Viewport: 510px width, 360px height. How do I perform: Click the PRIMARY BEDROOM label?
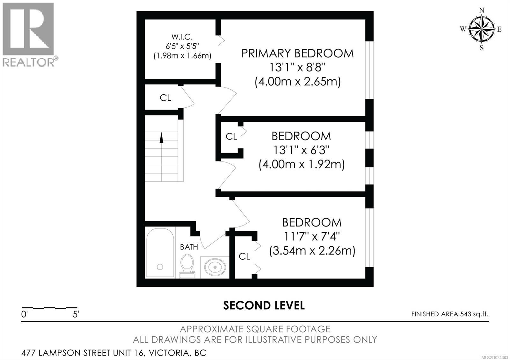[297, 53]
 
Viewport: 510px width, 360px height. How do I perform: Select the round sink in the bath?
[215, 267]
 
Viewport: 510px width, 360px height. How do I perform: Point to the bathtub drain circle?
[160, 267]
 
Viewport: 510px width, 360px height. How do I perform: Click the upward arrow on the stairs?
[161, 138]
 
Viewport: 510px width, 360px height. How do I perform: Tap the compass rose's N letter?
[482, 11]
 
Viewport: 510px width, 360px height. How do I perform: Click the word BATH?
[189, 247]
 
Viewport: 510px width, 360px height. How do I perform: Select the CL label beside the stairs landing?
[165, 98]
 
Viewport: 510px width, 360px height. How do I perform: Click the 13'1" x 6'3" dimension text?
[301, 150]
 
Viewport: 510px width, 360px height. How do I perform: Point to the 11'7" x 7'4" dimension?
[311, 236]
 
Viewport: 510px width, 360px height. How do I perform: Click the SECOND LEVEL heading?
[264, 305]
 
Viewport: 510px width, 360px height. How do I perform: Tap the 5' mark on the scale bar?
[76, 314]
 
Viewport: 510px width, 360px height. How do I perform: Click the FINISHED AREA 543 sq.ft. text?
[449, 314]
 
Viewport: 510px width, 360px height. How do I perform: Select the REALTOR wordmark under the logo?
[29, 62]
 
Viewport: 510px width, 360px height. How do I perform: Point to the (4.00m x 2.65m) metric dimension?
[297, 82]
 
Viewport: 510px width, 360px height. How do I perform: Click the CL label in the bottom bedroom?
[244, 256]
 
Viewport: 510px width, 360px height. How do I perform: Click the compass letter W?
[463, 29]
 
